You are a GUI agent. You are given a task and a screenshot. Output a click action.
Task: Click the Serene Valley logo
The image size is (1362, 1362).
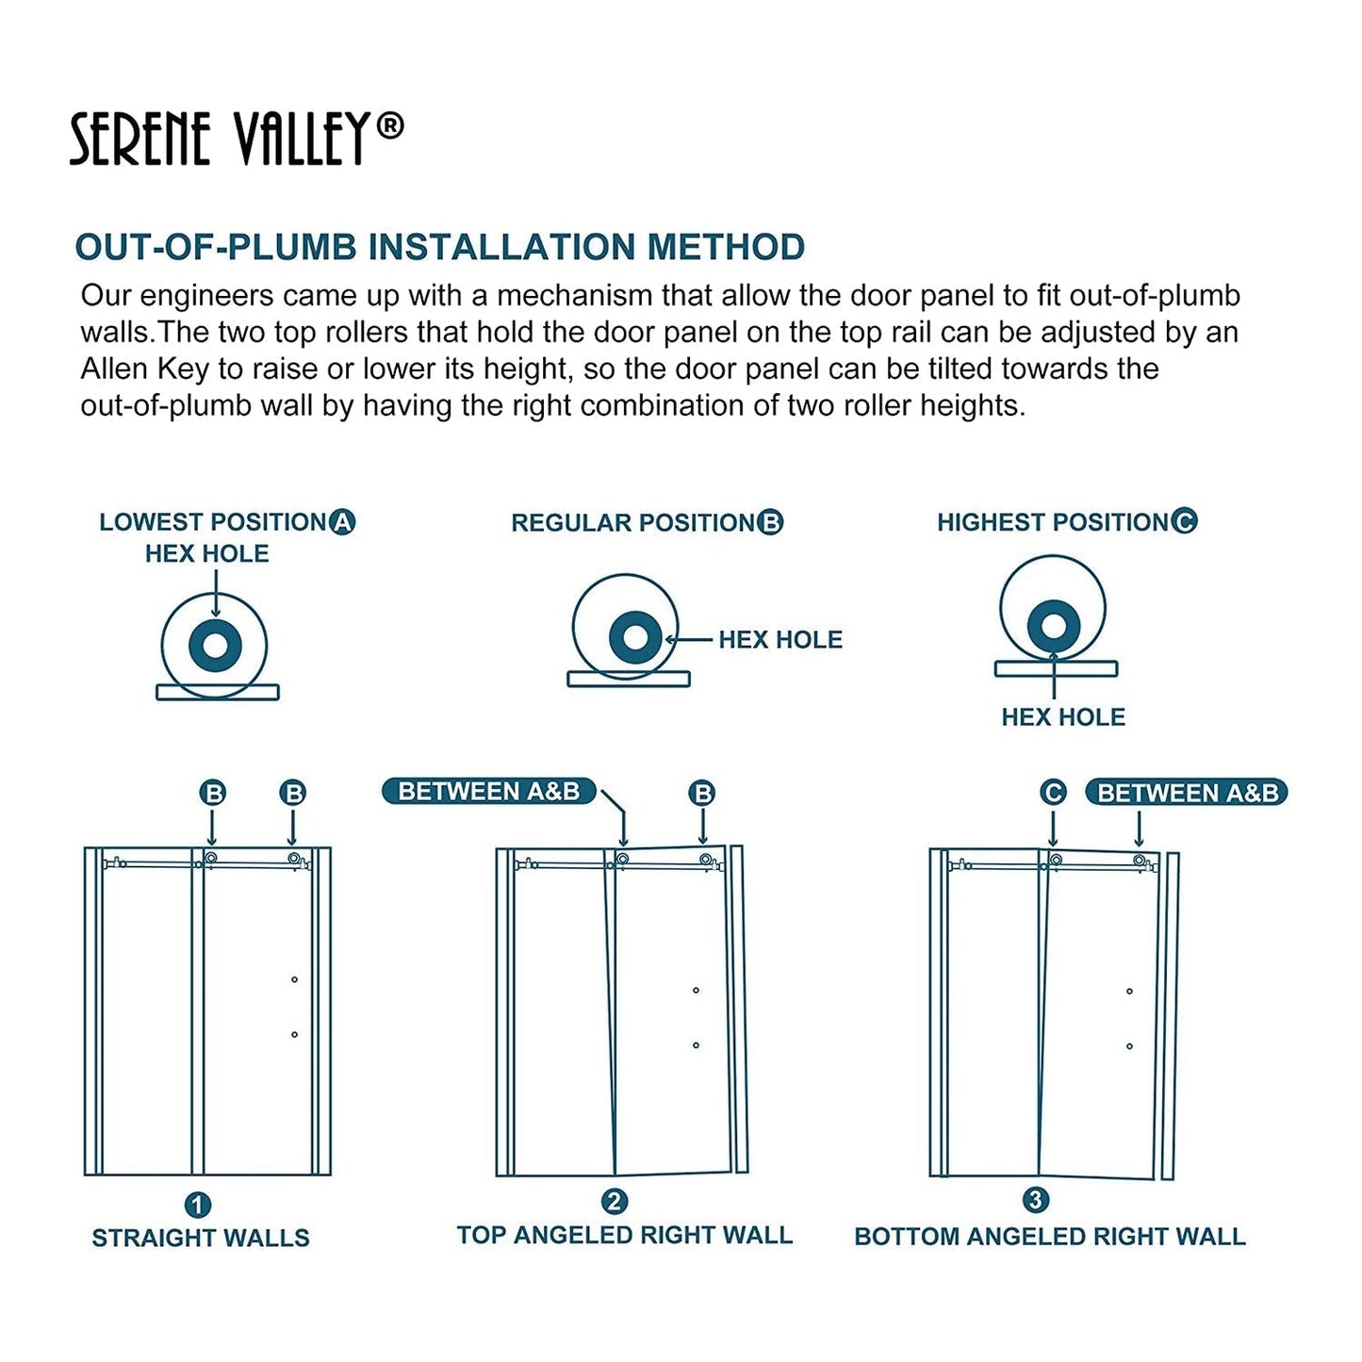coord(237,139)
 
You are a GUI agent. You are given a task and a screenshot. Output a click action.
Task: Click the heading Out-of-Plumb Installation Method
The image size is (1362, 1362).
coord(439,247)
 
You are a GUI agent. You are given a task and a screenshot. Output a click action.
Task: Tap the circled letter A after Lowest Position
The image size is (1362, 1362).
coord(342,521)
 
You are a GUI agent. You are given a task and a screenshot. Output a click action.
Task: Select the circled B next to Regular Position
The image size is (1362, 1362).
coord(771,522)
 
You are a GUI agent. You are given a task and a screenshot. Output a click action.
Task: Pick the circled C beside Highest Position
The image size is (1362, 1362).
coord(1184,521)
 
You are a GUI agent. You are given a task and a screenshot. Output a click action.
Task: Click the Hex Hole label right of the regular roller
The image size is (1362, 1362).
coord(779,640)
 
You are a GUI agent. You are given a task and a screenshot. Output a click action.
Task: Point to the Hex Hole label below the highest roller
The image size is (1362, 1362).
coord(1062,717)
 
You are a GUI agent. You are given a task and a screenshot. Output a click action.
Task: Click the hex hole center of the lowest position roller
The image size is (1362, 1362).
coord(215,646)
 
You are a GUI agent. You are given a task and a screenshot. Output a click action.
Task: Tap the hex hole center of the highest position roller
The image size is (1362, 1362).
coord(1053,626)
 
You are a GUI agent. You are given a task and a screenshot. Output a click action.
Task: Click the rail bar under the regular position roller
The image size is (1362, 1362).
coord(629,679)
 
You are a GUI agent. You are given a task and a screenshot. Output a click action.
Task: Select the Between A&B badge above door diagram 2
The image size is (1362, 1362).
coord(488,791)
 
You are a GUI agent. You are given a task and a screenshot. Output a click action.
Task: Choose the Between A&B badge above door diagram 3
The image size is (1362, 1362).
coord(1187,793)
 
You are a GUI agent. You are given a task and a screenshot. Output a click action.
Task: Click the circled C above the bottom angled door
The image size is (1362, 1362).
coord(1053,793)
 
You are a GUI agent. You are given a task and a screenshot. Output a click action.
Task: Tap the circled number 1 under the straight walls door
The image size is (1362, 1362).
coord(198,1205)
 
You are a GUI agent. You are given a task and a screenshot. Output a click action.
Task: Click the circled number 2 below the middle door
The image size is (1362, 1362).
coord(615,1202)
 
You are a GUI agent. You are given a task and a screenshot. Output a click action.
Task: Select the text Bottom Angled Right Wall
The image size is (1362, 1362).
coord(1049,1237)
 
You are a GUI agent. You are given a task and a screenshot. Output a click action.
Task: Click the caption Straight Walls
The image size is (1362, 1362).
coord(201,1238)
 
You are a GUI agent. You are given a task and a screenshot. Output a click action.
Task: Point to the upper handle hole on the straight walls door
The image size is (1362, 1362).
coord(294,980)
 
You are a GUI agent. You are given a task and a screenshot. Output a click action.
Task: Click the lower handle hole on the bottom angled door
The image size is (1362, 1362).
coord(1129,1046)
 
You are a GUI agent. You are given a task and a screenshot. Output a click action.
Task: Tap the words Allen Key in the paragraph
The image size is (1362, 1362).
coord(144,369)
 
